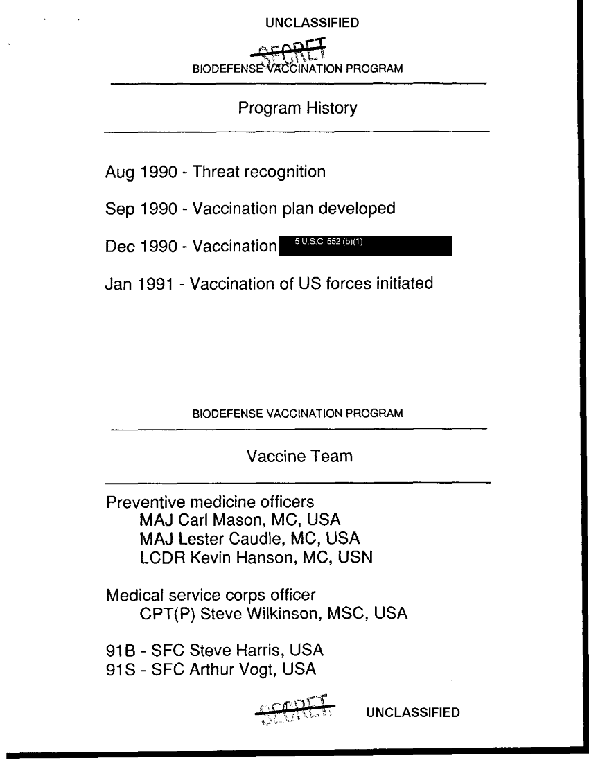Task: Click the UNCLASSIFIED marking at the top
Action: coord(313,23)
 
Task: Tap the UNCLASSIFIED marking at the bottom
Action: coord(413,712)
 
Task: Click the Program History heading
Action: coord(298,108)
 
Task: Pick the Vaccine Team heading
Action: coord(299,457)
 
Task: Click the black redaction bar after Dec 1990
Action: coord(364,247)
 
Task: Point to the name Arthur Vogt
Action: coord(229,670)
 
